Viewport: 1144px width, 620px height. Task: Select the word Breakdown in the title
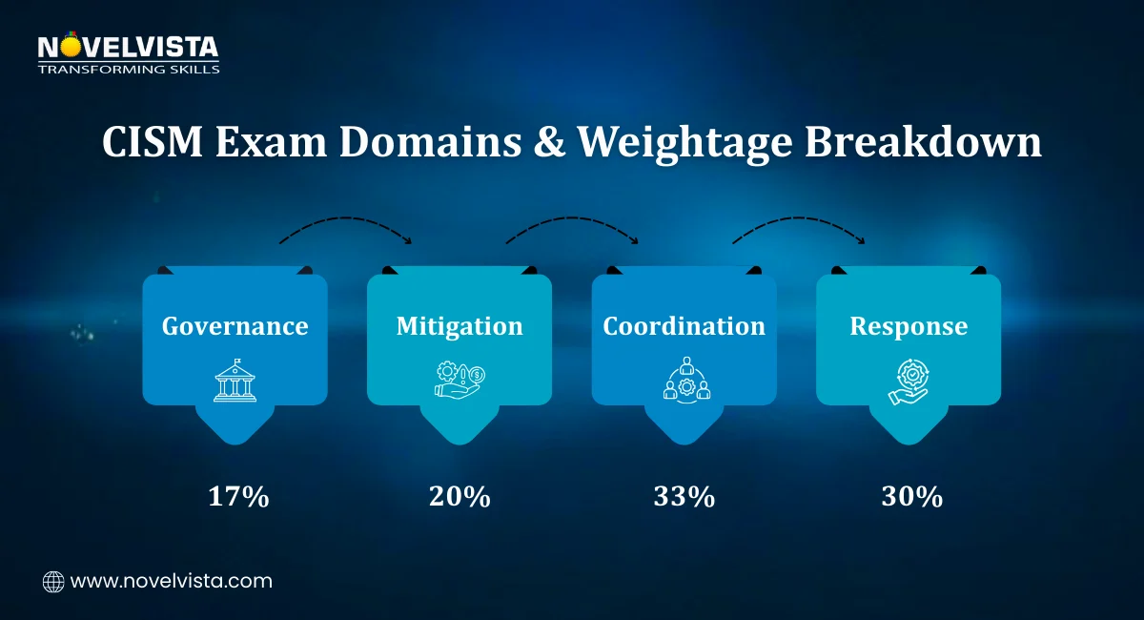tap(924, 143)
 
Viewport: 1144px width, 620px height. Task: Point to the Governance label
tap(235, 326)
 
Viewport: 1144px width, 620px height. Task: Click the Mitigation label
tap(460, 326)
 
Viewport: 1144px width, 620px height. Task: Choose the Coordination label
tap(684, 326)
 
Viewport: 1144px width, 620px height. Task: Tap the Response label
tap(909, 326)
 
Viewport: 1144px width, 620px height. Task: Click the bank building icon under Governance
tap(235, 381)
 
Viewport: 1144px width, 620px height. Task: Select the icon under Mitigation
tap(459, 381)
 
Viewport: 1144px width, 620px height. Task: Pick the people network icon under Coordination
tap(684, 380)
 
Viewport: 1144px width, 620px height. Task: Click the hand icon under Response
tap(909, 381)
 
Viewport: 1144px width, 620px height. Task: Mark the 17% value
tap(238, 497)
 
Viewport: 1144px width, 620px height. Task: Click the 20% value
tap(460, 497)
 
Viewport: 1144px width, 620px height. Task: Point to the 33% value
tap(684, 497)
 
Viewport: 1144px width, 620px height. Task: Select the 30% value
tap(910, 497)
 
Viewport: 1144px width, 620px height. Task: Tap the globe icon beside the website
tap(53, 581)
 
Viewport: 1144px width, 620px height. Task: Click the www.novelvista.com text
tap(172, 581)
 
